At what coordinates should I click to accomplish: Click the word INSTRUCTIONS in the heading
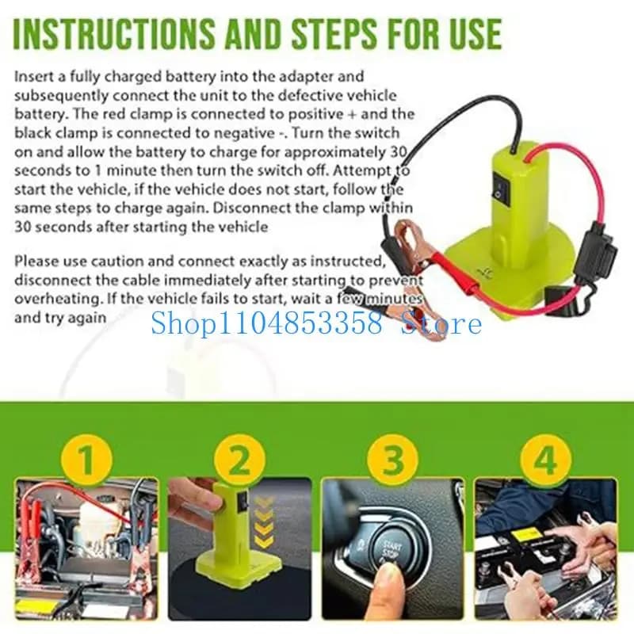113,33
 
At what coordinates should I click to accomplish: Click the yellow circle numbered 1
86,460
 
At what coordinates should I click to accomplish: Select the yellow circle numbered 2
240,460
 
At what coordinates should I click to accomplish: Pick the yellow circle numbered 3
392,460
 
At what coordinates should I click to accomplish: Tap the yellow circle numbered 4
545,460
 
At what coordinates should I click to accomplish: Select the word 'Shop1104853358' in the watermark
266,323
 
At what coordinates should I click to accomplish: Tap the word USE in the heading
473,33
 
